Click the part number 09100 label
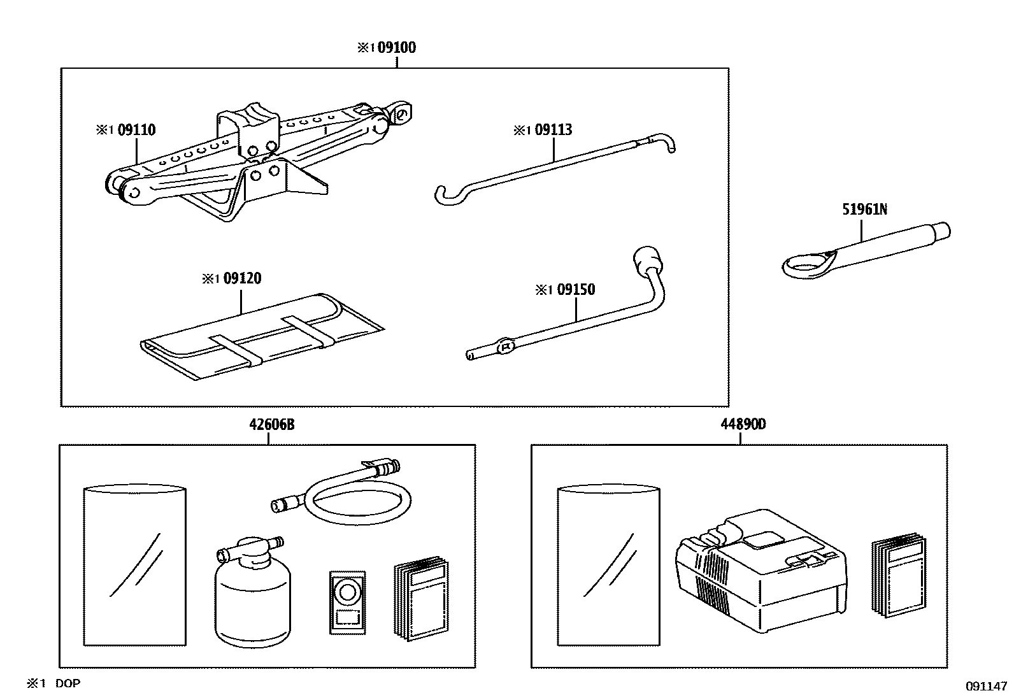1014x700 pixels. point(396,48)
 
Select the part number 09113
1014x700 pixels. point(553,130)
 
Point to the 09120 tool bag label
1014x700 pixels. point(241,279)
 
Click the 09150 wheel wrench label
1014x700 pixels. point(575,290)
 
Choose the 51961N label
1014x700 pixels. point(864,209)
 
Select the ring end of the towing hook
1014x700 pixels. point(804,264)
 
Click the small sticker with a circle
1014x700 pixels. point(347,602)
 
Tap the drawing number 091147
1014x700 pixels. point(986,686)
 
